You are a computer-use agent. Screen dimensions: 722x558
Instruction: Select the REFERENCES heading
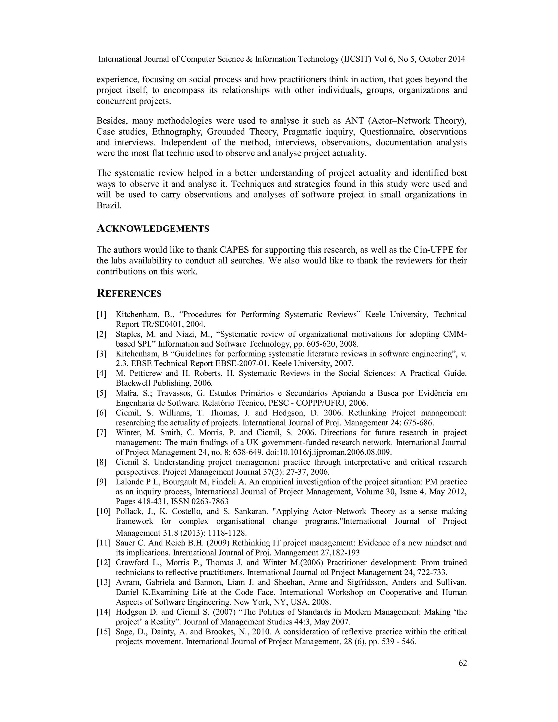129,293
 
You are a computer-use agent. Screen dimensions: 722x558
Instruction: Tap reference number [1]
101,314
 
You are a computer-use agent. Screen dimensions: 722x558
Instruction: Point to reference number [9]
101,482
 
